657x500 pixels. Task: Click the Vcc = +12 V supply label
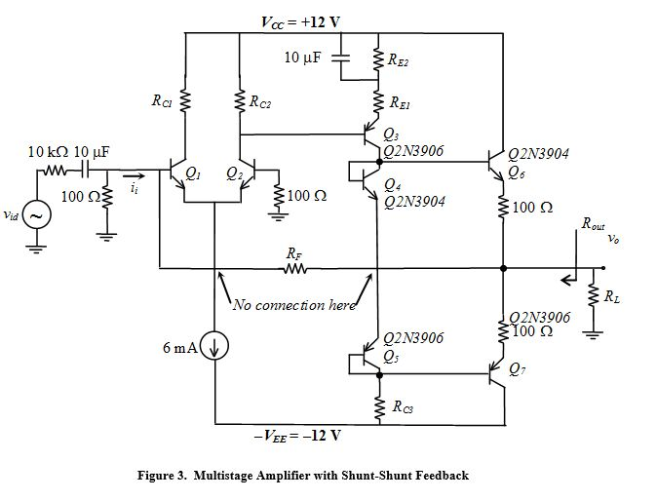pos(307,21)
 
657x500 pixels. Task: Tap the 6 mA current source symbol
pos(213,345)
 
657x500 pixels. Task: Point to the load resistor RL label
pos(610,296)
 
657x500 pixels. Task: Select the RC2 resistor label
pos(260,99)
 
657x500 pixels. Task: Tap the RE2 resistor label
pos(400,61)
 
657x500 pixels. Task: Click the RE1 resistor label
pos(400,101)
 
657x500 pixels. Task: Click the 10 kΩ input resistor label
pos(47,152)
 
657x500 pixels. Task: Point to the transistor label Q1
pos(193,173)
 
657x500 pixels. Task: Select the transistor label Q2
pos(234,173)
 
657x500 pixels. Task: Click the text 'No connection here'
pos(294,305)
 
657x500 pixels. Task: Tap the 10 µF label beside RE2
pos(303,58)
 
